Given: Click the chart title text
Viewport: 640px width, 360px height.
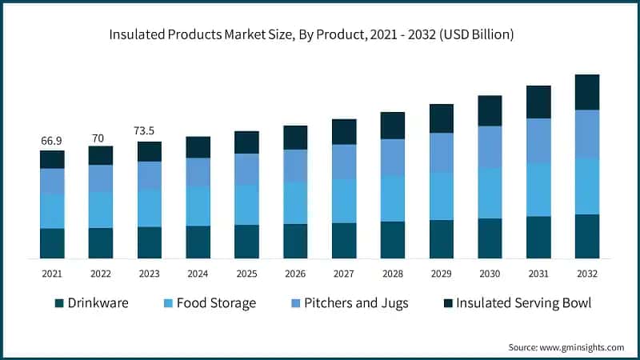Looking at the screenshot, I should [x=320, y=34].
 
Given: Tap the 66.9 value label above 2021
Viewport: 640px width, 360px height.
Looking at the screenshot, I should [x=52, y=141].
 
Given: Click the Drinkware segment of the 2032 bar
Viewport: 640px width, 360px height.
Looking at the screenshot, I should [x=587, y=236].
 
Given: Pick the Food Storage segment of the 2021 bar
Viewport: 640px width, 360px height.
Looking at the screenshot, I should [x=52, y=210].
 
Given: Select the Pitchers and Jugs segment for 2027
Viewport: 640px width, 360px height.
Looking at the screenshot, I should [x=344, y=162].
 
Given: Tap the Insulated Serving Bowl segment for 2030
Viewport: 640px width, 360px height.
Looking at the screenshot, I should [x=490, y=110].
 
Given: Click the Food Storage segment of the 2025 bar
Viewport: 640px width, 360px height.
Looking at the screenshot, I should [x=246, y=205].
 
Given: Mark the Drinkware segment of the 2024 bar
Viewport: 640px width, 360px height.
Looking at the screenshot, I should [x=198, y=242].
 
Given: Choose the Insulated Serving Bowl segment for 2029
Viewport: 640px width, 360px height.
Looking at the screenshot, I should [x=442, y=118].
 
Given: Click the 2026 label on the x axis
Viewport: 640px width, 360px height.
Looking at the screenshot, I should [x=295, y=274].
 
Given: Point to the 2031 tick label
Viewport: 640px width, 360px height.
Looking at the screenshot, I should [x=538, y=274].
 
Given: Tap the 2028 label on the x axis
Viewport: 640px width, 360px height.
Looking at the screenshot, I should [x=393, y=274].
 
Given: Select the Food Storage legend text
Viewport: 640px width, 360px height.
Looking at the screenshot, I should [x=216, y=303].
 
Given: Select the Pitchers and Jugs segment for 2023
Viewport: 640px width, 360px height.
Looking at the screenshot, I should [x=150, y=175].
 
